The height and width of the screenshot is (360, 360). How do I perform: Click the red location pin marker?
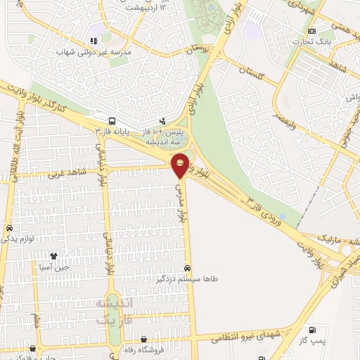point(181,165)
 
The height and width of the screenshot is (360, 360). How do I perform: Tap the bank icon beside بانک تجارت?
point(312,32)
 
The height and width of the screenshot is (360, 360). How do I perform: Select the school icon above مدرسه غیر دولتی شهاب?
point(93,41)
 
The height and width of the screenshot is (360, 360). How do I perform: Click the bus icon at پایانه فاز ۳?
point(112,121)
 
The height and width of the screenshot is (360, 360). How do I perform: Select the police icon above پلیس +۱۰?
point(163,121)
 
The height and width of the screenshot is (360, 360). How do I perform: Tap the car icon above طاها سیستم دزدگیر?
point(186,268)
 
